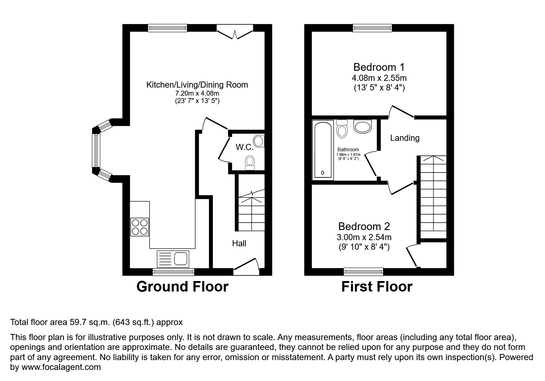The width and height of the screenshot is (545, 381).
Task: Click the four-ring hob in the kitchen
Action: (140, 227)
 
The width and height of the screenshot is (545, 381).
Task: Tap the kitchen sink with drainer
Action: (173, 259)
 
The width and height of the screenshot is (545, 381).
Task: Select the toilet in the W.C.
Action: (250, 162)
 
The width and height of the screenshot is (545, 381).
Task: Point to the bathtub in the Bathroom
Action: (323, 150)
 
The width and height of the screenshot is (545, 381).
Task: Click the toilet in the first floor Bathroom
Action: (342, 129)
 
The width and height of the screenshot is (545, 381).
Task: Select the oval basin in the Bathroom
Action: (363, 126)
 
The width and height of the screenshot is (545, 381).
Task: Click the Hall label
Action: (239, 244)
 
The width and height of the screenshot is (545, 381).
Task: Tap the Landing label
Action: (405, 138)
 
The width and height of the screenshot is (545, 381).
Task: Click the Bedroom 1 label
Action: (379, 67)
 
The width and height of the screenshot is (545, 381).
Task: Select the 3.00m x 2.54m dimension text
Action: (364, 237)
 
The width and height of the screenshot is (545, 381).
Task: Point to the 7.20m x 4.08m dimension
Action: (197, 93)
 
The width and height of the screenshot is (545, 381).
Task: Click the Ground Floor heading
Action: (182, 287)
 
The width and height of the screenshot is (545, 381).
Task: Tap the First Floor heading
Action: (377, 287)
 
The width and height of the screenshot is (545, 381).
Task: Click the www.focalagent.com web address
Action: (60, 367)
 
